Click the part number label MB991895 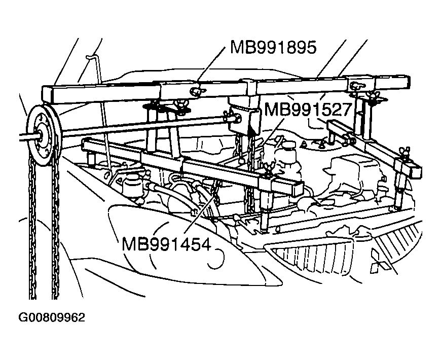point(273,48)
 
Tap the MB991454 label point(166,243)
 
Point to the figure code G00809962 point(52,318)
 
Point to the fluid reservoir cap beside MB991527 point(288,144)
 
